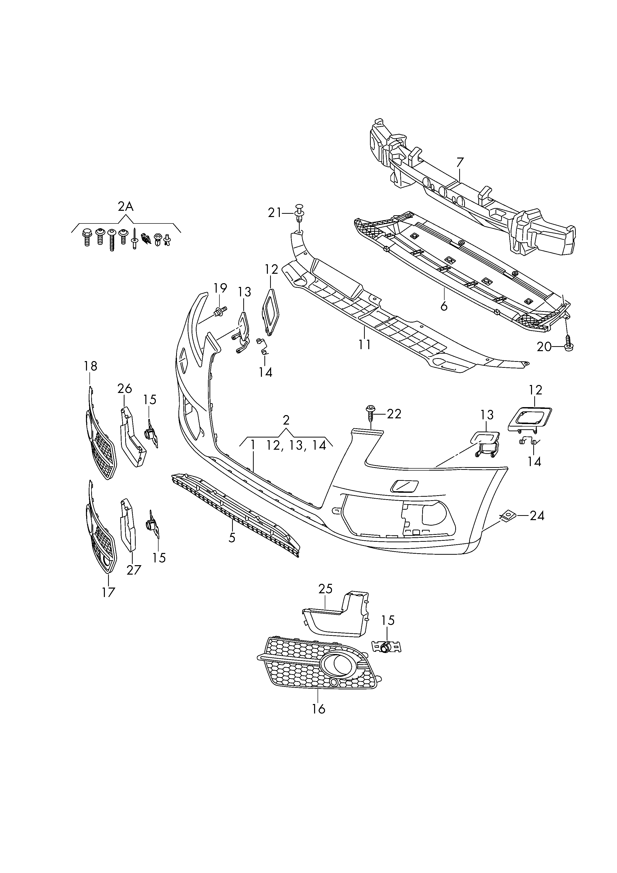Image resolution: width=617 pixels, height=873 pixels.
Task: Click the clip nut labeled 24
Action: [x=506, y=516]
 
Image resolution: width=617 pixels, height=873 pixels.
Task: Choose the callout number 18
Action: [x=91, y=366]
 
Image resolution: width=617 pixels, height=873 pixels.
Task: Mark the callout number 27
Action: [x=134, y=570]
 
